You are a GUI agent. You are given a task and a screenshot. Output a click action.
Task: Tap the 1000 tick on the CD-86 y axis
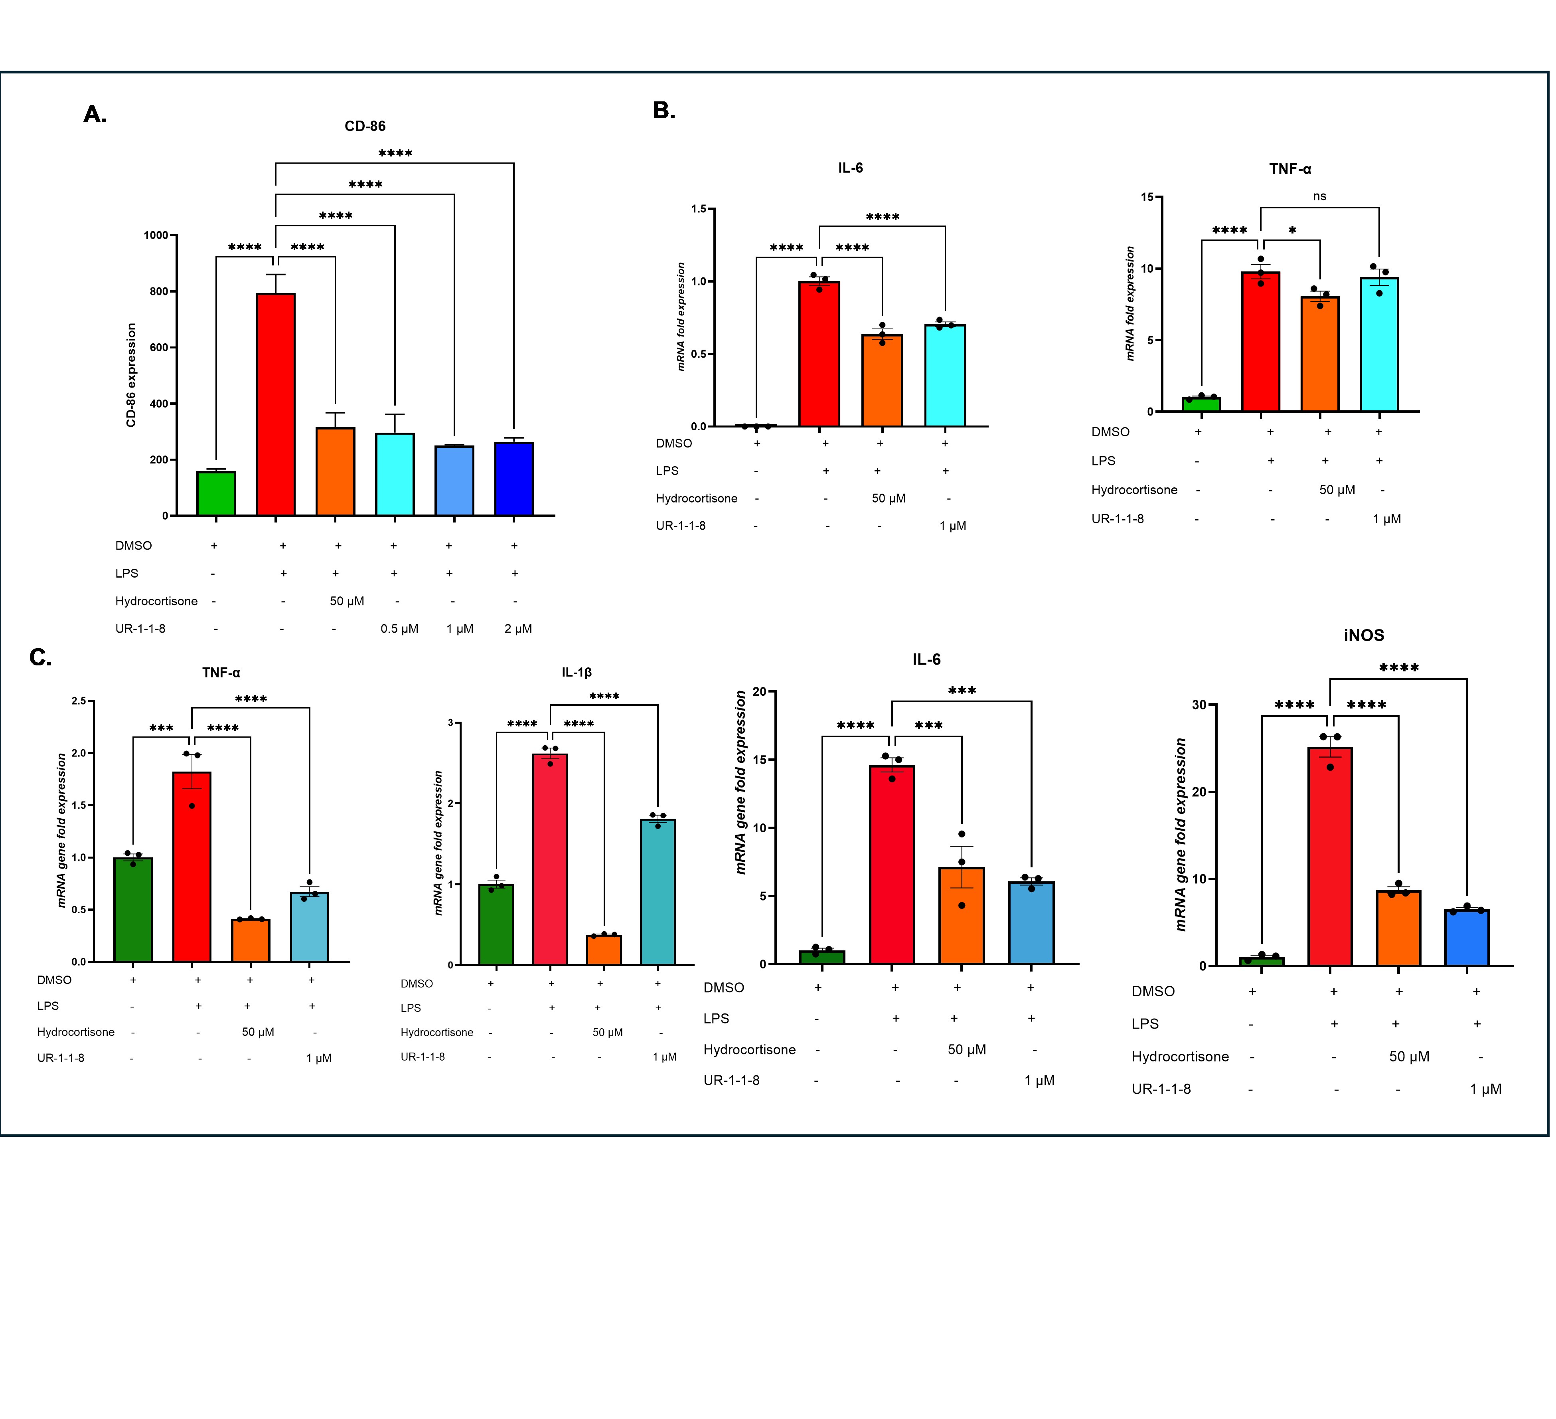coord(157,235)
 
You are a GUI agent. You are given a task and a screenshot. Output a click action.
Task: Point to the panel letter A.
coord(95,114)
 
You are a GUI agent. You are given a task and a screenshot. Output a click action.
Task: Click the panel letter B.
coord(664,111)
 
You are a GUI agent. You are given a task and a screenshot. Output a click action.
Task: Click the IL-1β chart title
coord(577,673)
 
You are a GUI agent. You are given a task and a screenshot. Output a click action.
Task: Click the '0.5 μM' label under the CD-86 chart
coord(399,628)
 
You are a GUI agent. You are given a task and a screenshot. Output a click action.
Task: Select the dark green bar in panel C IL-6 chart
coord(822,957)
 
